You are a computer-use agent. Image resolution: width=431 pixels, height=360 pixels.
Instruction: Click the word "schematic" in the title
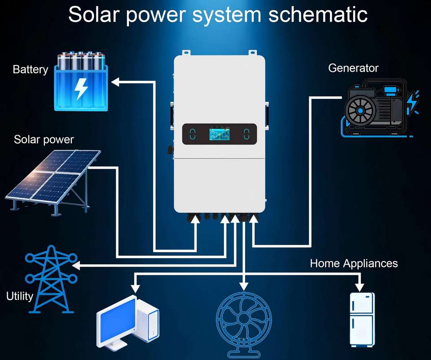pyautogui.click(x=318, y=14)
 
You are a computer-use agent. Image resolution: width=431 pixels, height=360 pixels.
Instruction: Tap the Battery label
pyautogui.click(x=30, y=70)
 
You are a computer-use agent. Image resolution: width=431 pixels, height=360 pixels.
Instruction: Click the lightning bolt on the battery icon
pyautogui.click(x=81, y=88)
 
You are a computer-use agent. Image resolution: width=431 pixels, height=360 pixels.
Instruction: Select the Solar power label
pyautogui.click(x=44, y=139)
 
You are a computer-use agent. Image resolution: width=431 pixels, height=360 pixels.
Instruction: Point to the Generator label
pyautogui.click(x=353, y=68)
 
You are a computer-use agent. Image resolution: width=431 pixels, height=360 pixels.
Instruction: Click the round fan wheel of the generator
pyautogui.click(x=360, y=111)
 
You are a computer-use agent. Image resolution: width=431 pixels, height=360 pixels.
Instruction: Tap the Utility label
pyautogui.click(x=19, y=296)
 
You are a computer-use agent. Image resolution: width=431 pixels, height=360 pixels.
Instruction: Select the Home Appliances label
pyautogui.click(x=354, y=263)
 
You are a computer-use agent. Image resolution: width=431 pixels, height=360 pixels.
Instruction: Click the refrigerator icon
pyautogui.click(x=362, y=319)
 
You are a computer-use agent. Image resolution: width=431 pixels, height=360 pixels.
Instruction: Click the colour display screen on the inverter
pyautogui.click(x=219, y=134)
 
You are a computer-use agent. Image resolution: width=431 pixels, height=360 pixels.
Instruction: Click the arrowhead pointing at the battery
pyautogui.click(x=115, y=82)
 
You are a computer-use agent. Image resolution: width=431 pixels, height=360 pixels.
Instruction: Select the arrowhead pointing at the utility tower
pyautogui.click(x=76, y=266)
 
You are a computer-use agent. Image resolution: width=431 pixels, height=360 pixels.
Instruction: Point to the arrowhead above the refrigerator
pyautogui.click(x=359, y=286)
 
